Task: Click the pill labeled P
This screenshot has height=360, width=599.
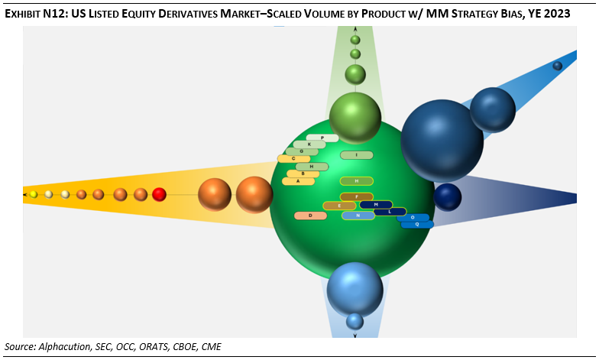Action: tap(322, 138)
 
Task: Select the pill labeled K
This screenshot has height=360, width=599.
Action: tap(309, 144)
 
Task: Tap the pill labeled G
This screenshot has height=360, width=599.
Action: tap(302, 151)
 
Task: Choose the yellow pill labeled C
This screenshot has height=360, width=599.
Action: tap(293, 159)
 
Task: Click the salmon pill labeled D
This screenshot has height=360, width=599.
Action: tap(310, 216)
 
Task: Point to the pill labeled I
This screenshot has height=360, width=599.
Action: tap(356, 155)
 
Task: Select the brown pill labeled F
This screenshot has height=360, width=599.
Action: tap(356, 197)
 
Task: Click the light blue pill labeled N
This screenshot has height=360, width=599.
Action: tap(357, 216)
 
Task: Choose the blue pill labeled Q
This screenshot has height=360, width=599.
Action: tap(417, 225)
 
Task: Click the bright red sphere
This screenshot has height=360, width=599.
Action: tap(159, 194)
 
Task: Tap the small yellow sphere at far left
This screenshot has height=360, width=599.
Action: tap(34, 195)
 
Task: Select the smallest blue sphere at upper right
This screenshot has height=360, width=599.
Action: tap(558, 66)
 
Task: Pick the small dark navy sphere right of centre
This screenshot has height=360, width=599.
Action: tap(448, 196)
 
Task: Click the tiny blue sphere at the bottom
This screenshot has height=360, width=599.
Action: tap(355, 321)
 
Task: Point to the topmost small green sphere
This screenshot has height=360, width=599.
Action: tap(355, 40)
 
